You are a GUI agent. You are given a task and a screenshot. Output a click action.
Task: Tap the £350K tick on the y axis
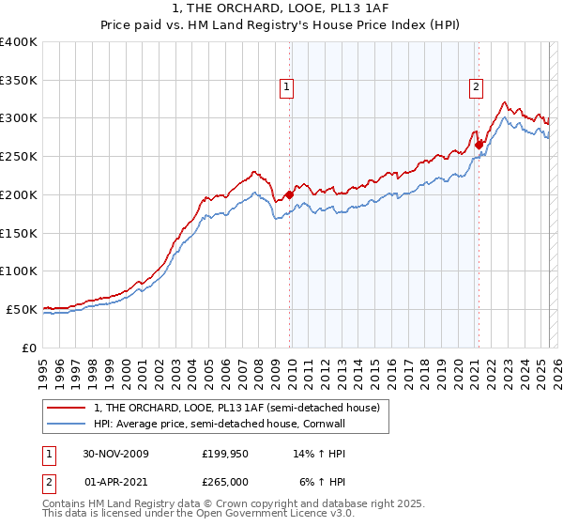click(19, 80)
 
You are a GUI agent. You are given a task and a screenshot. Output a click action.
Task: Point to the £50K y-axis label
click(22, 309)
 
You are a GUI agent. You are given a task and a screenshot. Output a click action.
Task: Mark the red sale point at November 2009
click(289, 194)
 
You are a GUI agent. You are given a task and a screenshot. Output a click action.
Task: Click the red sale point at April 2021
click(479, 145)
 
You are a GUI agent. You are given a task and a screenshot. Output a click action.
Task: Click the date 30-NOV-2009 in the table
click(115, 454)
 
